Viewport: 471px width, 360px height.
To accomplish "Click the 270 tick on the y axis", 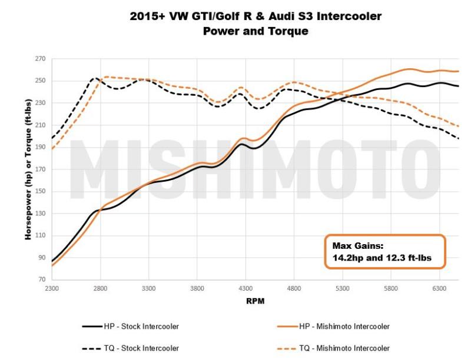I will click(x=40, y=59).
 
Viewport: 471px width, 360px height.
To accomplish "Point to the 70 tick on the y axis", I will click(x=42, y=280).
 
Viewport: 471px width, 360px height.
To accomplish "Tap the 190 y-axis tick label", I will click(x=40, y=147).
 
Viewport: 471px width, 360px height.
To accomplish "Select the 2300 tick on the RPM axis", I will click(x=52, y=289).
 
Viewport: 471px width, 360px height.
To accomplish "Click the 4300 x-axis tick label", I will click(x=246, y=289).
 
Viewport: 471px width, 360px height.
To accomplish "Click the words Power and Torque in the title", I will click(x=256, y=31).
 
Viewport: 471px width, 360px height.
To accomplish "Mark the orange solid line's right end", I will click(x=459, y=71).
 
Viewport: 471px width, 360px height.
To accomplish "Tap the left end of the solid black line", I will click(x=52, y=261).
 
